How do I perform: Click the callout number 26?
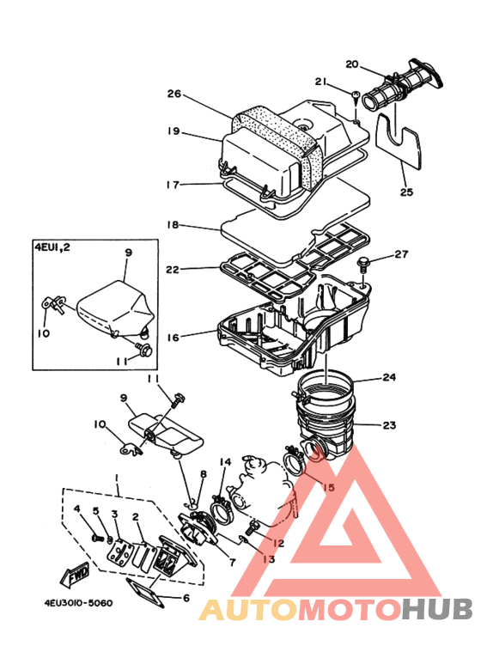coord(174,94)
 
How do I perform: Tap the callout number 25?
coord(406,192)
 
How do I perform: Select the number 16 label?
coord(173,338)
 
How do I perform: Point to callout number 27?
coord(401,254)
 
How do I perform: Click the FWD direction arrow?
coord(76,574)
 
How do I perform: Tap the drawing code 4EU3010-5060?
coord(79,603)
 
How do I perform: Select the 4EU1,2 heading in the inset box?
coord(52,247)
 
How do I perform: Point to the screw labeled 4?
coord(98,538)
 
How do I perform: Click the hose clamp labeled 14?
coord(220,506)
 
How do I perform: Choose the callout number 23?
coord(389,424)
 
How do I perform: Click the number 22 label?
coord(173,270)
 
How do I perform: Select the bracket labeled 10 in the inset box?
coord(53,304)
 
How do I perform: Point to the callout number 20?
coord(352,64)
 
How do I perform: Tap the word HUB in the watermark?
coord(437,609)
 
